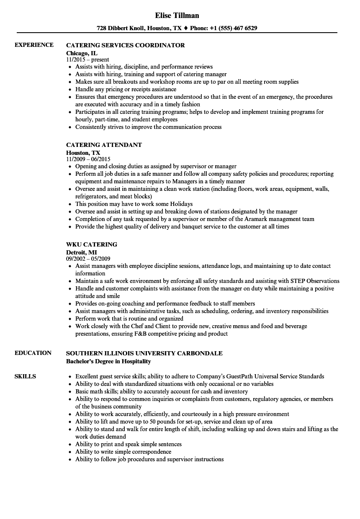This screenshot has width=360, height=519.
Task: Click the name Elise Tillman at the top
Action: pyautogui.click(x=177, y=15)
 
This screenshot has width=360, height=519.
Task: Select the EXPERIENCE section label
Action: pyautogui.click(x=34, y=45)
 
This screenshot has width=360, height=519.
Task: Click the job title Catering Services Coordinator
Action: pyautogui.click(x=125, y=45)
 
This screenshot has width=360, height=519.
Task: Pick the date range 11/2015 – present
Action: pyautogui.click(x=87, y=60)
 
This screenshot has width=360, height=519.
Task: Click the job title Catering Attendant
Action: pyautogui.click(x=104, y=145)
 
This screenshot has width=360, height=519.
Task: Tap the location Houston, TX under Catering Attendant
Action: pyautogui.click(x=83, y=153)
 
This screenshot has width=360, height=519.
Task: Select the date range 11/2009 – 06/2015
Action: pyautogui.click(x=88, y=159)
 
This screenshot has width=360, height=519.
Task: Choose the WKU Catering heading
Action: pyautogui.click(x=91, y=244)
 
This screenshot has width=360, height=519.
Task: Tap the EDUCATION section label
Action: pyautogui.click(x=33, y=353)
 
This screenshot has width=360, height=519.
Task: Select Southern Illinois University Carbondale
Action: pyautogui.click(x=144, y=353)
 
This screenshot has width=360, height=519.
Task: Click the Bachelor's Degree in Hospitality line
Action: pyautogui.click(x=108, y=361)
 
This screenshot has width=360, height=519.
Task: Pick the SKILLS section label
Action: pyautogui.click(x=25, y=376)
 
